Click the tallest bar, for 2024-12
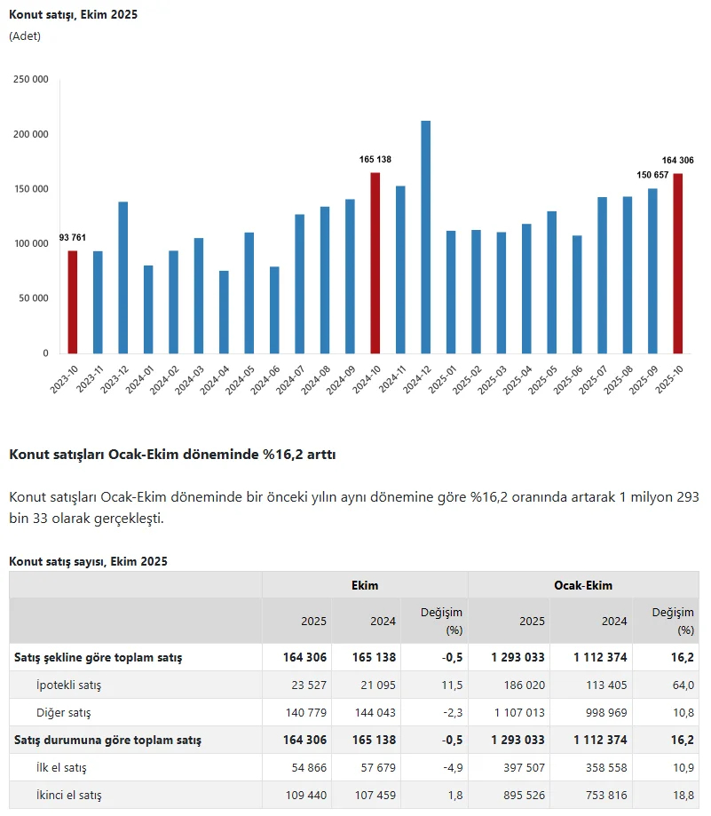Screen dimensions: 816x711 pyautogui.click(x=426, y=237)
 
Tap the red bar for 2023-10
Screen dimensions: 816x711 pyautogui.click(x=73, y=302)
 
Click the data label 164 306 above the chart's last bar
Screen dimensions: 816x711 pyautogui.click(x=677, y=161)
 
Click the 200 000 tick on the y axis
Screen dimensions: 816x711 pyautogui.click(x=31, y=134)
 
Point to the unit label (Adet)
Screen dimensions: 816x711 pyautogui.click(x=25, y=36)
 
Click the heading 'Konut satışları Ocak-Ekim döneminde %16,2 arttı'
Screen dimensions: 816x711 pyautogui.click(x=172, y=455)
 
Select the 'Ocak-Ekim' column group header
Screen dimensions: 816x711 pyautogui.click(x=583, y=585)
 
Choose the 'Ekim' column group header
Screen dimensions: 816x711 pyautogui.click(x=365, y=585)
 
